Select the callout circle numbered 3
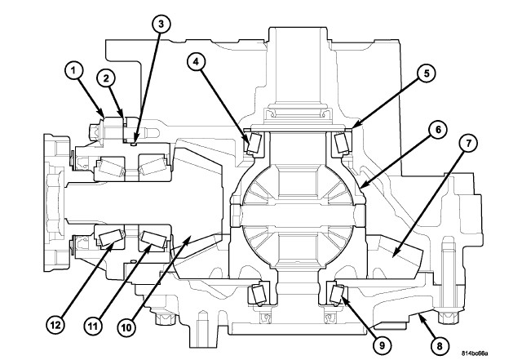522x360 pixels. tap(161, 24)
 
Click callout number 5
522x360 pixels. tap(422, 72)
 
